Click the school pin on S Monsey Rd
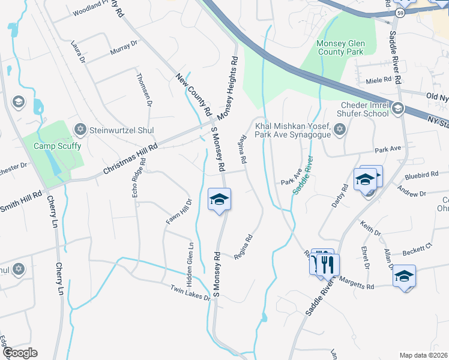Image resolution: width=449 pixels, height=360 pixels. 220,199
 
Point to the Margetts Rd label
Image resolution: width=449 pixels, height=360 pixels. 357,284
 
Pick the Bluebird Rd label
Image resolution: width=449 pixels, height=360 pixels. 421,175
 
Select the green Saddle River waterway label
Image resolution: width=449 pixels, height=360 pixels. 303,175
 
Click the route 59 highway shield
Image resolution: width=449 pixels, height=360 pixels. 400,13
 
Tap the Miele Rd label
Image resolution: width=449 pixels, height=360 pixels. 378,79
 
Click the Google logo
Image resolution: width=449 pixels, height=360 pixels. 19,353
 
